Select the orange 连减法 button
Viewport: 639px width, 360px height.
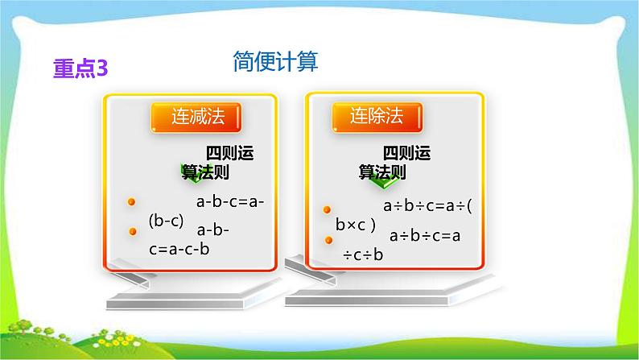(x=198, y=118)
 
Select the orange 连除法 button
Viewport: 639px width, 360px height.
(x=375, y=118)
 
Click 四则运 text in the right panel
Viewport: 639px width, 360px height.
(x=407, y=153)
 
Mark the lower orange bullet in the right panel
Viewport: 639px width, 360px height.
(x=328, y=240)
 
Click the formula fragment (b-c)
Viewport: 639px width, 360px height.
(x=167, y=220)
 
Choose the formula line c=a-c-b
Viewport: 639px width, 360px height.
(x=179, y=250)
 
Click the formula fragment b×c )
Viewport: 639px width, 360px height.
(x=356, y=225)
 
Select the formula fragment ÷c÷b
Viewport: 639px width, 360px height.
(x=363, y=255)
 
